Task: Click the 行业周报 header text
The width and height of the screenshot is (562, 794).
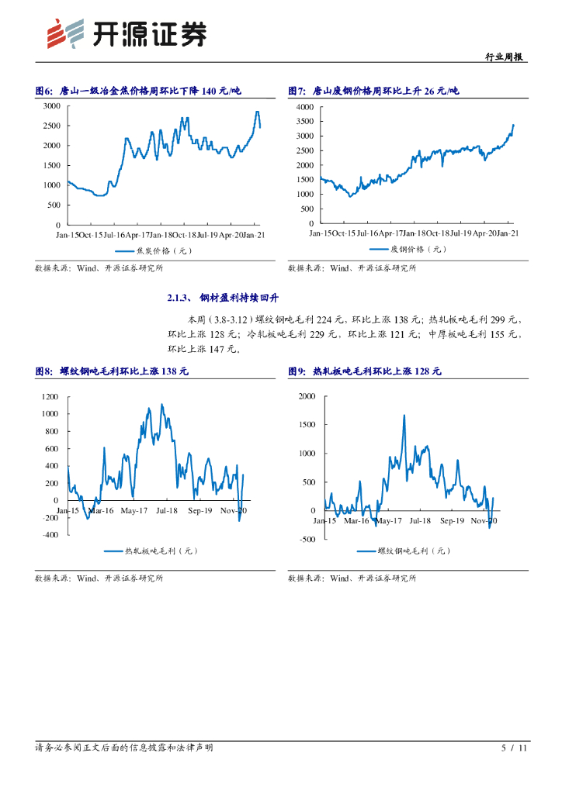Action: point(505,57)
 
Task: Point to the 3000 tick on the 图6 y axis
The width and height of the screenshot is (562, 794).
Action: point(52,105)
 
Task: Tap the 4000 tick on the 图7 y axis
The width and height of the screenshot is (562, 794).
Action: point(305,106)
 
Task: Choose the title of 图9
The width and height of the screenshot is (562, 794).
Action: point(364,371)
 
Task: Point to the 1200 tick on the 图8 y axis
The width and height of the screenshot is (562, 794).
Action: point(50,396)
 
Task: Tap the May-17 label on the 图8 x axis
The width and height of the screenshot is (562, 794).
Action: point(135,511)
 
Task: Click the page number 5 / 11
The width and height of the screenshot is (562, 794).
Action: point(514,748)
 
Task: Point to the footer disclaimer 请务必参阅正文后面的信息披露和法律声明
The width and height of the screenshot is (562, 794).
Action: point(124,747)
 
